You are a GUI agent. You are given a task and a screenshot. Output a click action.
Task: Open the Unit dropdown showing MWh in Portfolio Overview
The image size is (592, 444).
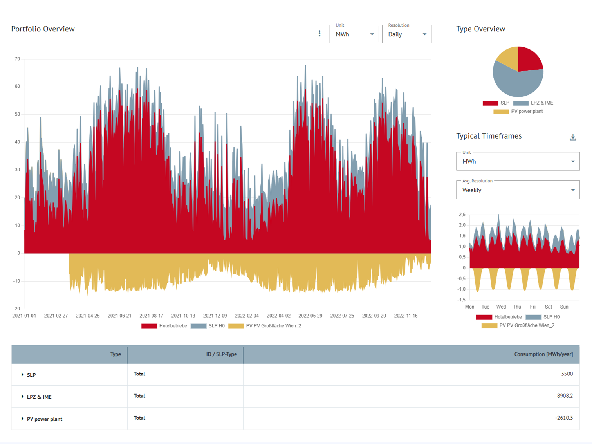click(x=354, y=34)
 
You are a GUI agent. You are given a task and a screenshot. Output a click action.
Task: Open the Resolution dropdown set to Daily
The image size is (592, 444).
click(x=406, y=34)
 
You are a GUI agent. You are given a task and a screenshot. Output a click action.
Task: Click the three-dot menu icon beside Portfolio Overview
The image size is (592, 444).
click(x=319, y=34)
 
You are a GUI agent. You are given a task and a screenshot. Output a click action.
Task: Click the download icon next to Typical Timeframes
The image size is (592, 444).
click(x=573, y=137)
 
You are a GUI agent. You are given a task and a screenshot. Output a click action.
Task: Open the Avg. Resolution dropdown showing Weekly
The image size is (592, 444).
click(x=518, y=190)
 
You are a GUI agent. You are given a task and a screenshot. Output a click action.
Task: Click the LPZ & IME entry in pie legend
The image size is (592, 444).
click(x=541, y=103)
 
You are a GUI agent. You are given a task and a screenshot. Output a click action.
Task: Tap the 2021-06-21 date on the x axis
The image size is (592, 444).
click(x=119, y=316)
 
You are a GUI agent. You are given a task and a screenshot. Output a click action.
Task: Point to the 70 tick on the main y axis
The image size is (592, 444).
click(x=17, y=59)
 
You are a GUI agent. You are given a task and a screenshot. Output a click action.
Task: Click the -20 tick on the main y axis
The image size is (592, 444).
click(x=16, y=309)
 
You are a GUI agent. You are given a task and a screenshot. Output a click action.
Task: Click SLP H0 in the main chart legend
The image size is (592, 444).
click(x=216, y=326)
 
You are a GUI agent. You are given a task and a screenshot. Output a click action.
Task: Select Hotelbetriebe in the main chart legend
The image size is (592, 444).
click(x=173, y=326)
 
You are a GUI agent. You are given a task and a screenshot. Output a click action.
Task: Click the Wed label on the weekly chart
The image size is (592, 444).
click(x=501, y=307)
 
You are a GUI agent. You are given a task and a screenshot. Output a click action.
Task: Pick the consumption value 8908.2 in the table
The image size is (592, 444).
click(x=565, y=396)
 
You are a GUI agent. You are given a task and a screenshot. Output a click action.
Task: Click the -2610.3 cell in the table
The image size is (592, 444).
click(x=564, y=418)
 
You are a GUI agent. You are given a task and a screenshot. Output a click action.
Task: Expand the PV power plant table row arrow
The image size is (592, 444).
click(x=22, y=419)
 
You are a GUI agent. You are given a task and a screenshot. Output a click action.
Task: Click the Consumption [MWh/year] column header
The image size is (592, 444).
click(x=543, y=354)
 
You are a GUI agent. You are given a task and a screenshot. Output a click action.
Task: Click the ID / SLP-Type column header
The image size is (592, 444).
click(x=221, y=354)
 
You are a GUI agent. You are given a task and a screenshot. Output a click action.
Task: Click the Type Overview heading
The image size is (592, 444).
click(x=480, y=29)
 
